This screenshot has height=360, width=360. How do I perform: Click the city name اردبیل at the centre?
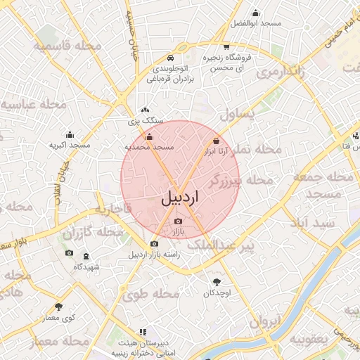[180, 198]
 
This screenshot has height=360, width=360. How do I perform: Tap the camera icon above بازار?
[177, 221]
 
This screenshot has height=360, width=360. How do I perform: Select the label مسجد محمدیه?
[149, 147]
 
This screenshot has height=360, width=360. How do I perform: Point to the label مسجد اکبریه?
[70, 145]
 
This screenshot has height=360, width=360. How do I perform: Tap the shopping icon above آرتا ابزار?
[216, 141]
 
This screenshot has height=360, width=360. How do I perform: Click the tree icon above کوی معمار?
[58, 307]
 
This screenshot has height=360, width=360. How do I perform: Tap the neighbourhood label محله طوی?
[150, 294]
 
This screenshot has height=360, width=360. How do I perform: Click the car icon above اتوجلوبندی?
[170, 58]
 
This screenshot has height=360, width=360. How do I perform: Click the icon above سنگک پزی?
[145, 110]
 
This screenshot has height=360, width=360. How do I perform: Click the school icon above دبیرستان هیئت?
[143, 332]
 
